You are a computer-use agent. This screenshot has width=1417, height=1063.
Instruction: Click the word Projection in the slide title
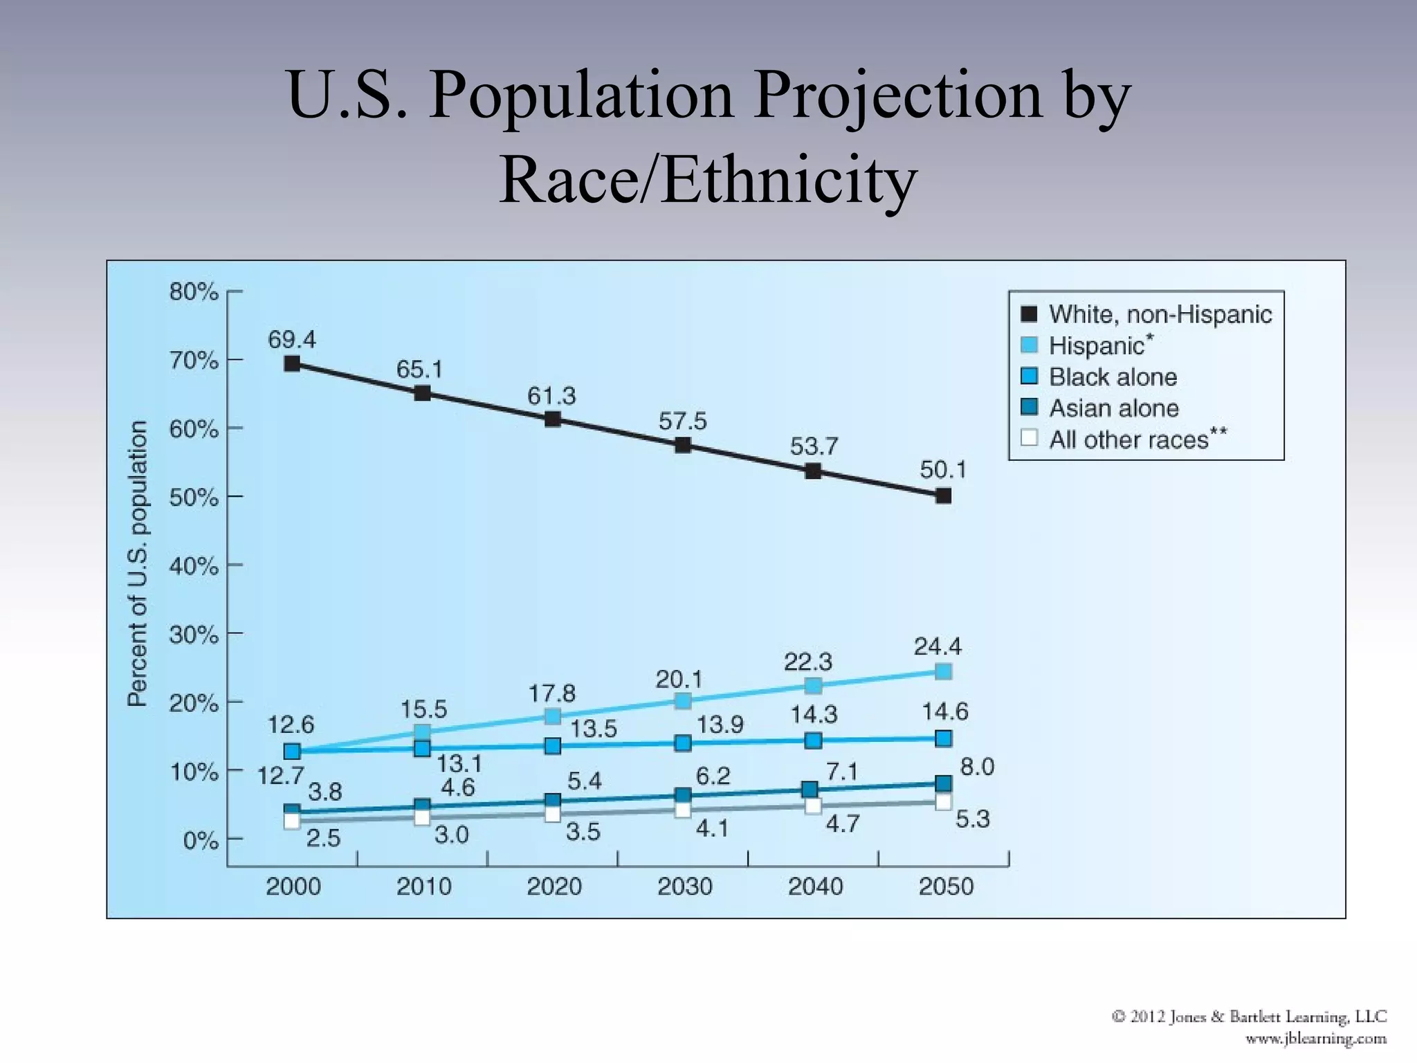pos(898,96)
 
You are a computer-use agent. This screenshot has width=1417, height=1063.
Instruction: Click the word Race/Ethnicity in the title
pos(708,180)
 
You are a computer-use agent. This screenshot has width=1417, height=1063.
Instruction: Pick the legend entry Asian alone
pos(1113,408)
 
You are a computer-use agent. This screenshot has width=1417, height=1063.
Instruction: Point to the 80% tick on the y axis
pos(194,292)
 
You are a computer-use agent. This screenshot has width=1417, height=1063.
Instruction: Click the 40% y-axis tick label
pos(194,566)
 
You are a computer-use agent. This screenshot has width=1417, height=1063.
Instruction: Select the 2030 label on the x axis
pos(684,887)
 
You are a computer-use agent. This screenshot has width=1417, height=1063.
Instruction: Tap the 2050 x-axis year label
pos(946,887)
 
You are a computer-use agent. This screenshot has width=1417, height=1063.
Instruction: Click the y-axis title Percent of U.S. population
pos(138,563)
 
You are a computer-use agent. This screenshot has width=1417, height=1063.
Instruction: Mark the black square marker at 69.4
pos(292,363)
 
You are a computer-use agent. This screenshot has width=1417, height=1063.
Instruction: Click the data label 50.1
pos(942,470)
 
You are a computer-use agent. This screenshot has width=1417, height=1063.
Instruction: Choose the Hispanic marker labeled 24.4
pos(943,671)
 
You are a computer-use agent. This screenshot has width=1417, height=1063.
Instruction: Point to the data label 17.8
pos(551,693)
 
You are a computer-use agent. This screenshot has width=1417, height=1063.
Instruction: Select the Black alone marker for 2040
pos(813,741)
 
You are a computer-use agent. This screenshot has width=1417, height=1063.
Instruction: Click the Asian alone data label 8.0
pos(977,767)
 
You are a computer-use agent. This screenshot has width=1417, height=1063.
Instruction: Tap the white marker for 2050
pos(943,802)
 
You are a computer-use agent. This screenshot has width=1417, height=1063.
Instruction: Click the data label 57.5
pos(682,421)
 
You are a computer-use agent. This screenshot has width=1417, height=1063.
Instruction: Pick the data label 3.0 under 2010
pos(451,835)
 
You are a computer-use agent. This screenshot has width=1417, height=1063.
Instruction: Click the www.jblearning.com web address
pos(1315,1039)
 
